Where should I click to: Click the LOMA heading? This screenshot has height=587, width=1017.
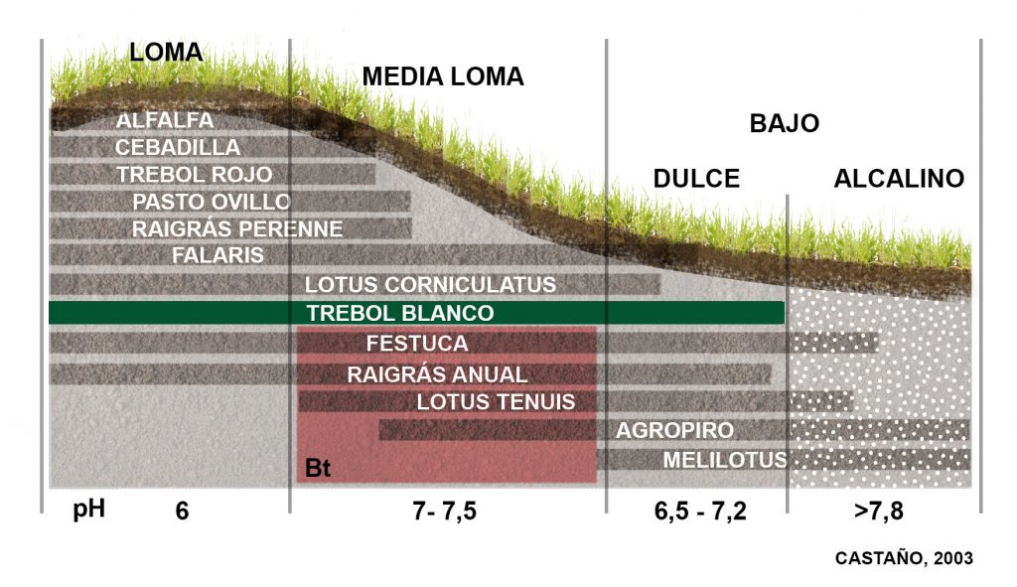click(166, 53)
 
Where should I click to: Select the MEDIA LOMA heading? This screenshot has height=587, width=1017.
click(443, 76)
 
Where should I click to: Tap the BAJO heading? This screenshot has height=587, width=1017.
click(784, 123)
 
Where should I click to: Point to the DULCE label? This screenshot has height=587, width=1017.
click(696, 179)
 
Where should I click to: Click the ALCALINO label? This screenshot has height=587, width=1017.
click(899, 179)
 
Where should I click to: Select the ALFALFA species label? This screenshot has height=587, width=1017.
click(165, 120)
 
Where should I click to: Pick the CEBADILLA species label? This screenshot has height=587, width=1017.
click(178, 147)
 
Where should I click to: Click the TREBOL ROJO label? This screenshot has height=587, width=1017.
click(195, 174)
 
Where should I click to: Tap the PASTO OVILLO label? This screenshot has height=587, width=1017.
click(212, 202)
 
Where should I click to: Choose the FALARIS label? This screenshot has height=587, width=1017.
click(218, 255)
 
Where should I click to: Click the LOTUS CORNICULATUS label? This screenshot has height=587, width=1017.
click(430, 285)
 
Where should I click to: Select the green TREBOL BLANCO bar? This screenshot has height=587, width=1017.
click(417, 313)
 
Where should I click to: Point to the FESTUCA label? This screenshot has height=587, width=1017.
click(417, 345)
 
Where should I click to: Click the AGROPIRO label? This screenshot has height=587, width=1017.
click(674, 431)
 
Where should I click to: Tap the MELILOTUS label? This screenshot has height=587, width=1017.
click(725, 460)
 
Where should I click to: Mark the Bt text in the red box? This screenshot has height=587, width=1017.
click(318, 469)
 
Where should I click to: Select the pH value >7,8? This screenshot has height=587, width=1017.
click(878, 513)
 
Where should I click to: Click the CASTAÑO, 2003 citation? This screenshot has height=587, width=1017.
click(904, 558)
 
